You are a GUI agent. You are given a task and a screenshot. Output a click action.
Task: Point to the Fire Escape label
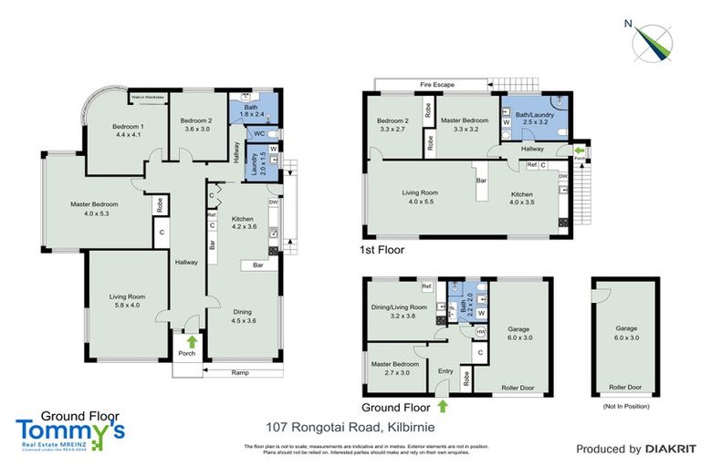[x=437, y=85]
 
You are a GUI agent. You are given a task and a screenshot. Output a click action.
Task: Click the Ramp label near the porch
[x=240, y=371]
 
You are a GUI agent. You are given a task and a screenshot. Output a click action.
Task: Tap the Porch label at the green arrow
[x=187, y=352]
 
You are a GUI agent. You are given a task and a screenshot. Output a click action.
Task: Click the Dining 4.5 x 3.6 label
[x=243, y=316]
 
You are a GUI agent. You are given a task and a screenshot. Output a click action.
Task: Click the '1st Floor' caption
[x=383, y=248]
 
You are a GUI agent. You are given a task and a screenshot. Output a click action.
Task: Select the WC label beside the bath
[x=259, y=133]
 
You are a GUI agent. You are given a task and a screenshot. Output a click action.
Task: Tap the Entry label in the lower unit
[x=445, y=370]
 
